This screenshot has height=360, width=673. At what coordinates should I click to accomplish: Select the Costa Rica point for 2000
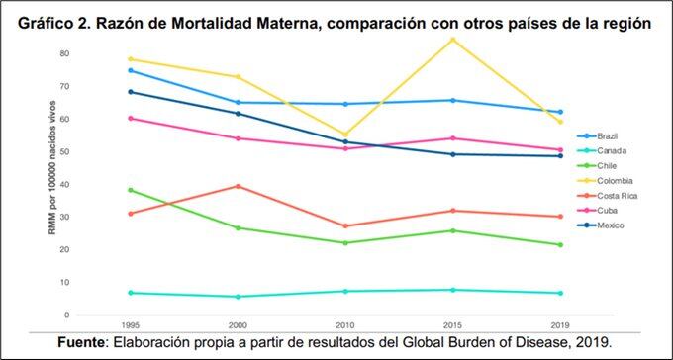tap(237, 186)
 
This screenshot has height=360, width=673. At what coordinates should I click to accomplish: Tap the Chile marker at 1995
tap(130, 190)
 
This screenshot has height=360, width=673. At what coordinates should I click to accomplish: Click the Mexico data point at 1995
tap(130, 92)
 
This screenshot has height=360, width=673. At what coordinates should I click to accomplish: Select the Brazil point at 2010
tap(344, 104)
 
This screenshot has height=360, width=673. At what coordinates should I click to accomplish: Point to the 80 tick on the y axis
tap(93, 53)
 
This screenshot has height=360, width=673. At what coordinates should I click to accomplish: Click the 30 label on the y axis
tap(93, 217)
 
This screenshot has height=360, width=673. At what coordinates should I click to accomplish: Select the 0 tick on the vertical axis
tap(95, 315)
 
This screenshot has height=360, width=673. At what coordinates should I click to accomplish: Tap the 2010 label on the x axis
tap(344, 325)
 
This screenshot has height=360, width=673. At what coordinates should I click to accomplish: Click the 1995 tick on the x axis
tap(130, 325)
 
